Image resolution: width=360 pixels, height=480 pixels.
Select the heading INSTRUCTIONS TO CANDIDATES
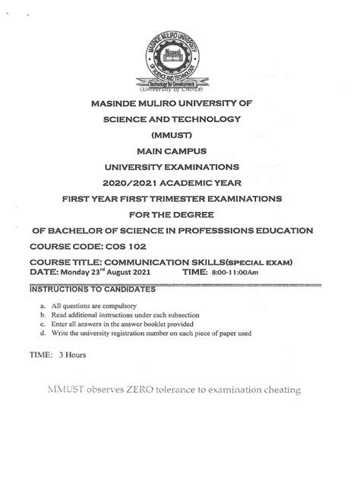[x=92, y=289]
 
